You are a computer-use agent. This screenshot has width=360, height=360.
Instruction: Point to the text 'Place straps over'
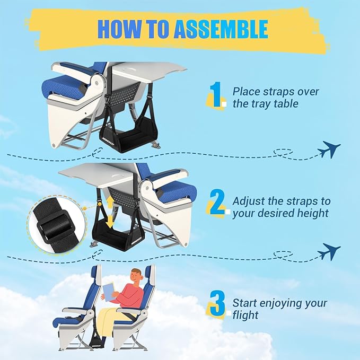tap(276, 92)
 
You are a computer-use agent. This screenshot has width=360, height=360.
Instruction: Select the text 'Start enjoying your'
tap(279, 304)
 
